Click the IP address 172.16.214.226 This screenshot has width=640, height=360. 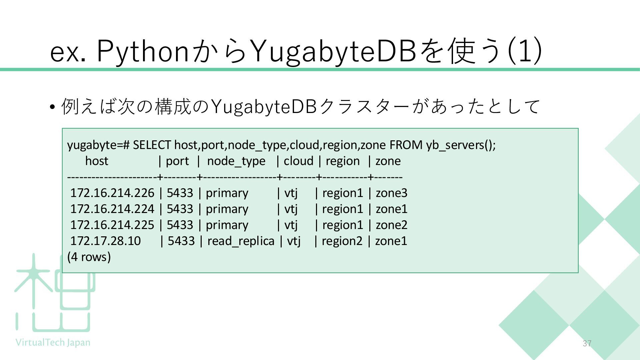tap(112, 193)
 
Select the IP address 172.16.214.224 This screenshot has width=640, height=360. tap(112, 209)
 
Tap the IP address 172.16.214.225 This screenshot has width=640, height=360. tap(112, 225)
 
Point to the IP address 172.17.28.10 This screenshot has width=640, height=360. tap(105, 241)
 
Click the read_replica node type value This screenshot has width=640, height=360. tap(241, 241)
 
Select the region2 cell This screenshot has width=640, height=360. tap(342, 241)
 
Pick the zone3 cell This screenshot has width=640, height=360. tap(391, 193)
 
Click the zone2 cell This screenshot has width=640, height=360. tap(391, 225)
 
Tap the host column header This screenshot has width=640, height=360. tap(97, 161)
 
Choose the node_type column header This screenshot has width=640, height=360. tap(236, 161)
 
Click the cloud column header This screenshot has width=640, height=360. tap(298, 161)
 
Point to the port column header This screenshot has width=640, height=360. tap(177, 161)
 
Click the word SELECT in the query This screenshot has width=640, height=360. tap(152, 145)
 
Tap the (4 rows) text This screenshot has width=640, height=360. tap(89, 257)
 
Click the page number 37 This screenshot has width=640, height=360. tap(587, 343)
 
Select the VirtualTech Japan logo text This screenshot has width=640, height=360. tap(53, 342)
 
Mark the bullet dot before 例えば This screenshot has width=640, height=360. tap(52, 107)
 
